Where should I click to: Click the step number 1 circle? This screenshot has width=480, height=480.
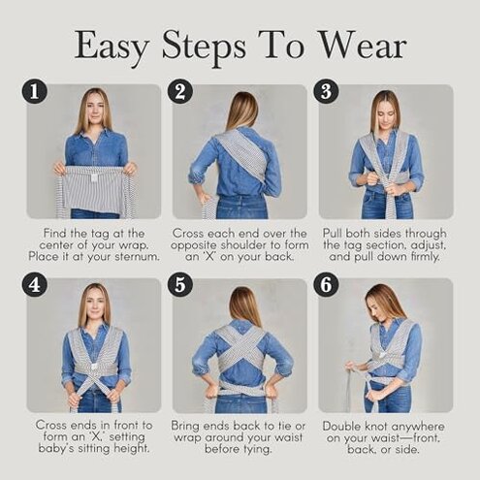(x=35, y=92)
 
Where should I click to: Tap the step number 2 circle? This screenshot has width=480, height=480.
(x=179, y=92)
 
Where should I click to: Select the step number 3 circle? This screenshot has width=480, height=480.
(x=326, y=92)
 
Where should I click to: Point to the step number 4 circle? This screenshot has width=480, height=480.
(x=35, y=286)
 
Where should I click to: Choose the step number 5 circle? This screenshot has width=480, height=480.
(x=179, y=286)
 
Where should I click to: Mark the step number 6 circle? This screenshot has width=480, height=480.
(x=326, y=286)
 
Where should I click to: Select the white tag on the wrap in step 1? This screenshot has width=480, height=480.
(x=93, y=175)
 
